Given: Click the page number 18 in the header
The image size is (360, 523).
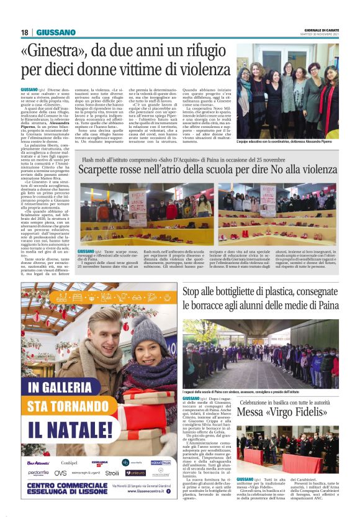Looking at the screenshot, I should tap(25, 32).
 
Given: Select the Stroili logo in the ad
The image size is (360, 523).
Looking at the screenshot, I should tap(112, 473).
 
